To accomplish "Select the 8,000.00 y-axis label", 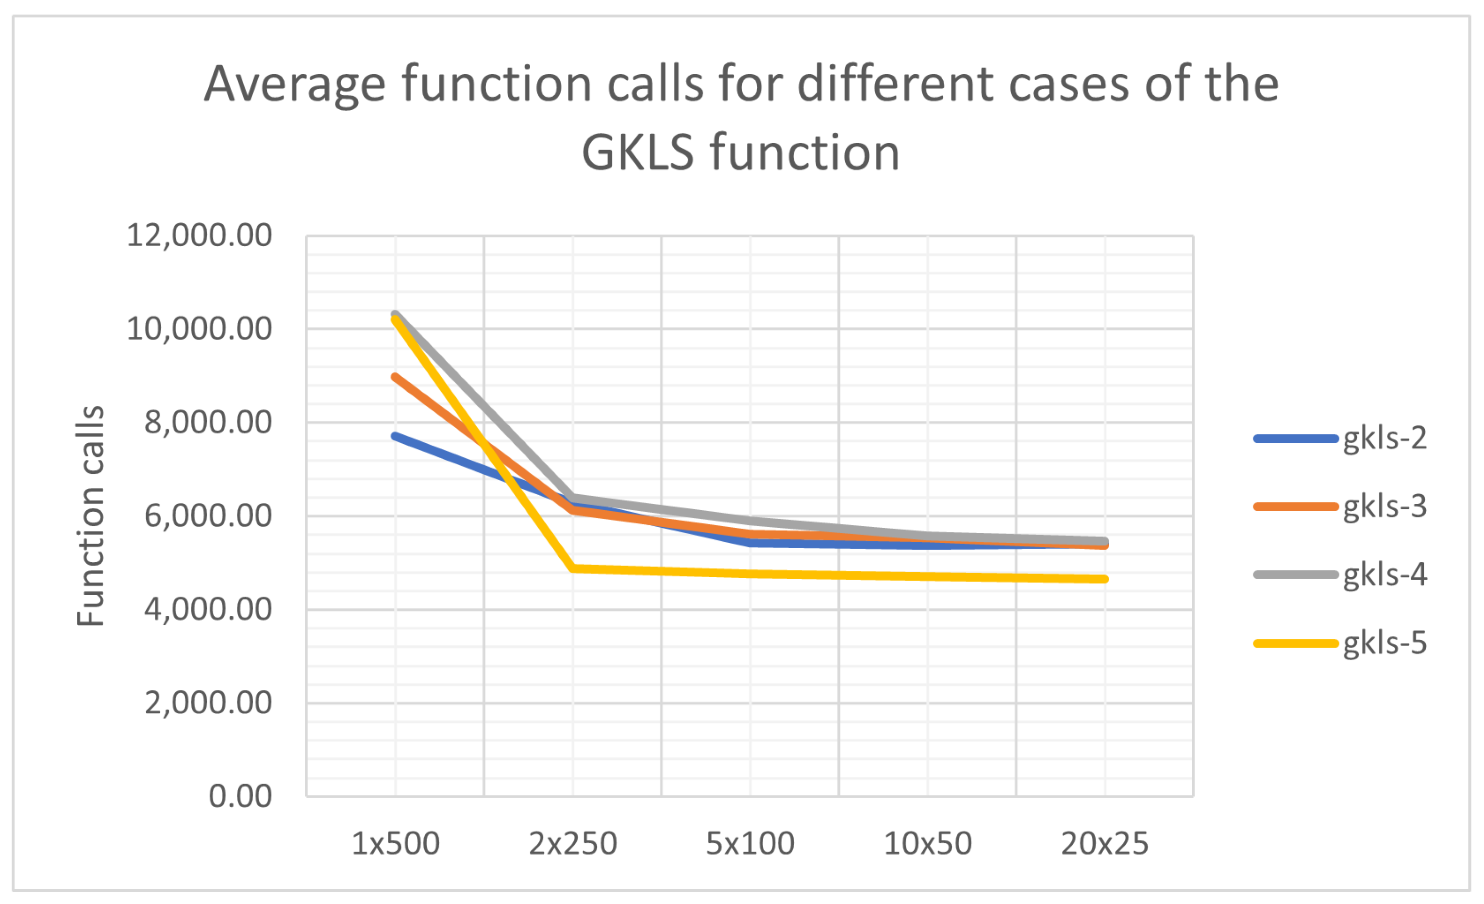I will point(208,422).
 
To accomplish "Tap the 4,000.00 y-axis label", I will point(208,609).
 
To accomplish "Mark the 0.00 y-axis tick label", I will point(240,796).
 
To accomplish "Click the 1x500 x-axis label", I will point(396,844).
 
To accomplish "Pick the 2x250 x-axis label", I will point(573,844).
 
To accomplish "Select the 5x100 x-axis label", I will point(750,844).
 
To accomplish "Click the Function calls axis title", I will point(90,516).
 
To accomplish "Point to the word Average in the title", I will point(295,84).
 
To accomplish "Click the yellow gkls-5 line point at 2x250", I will point(573,568).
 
